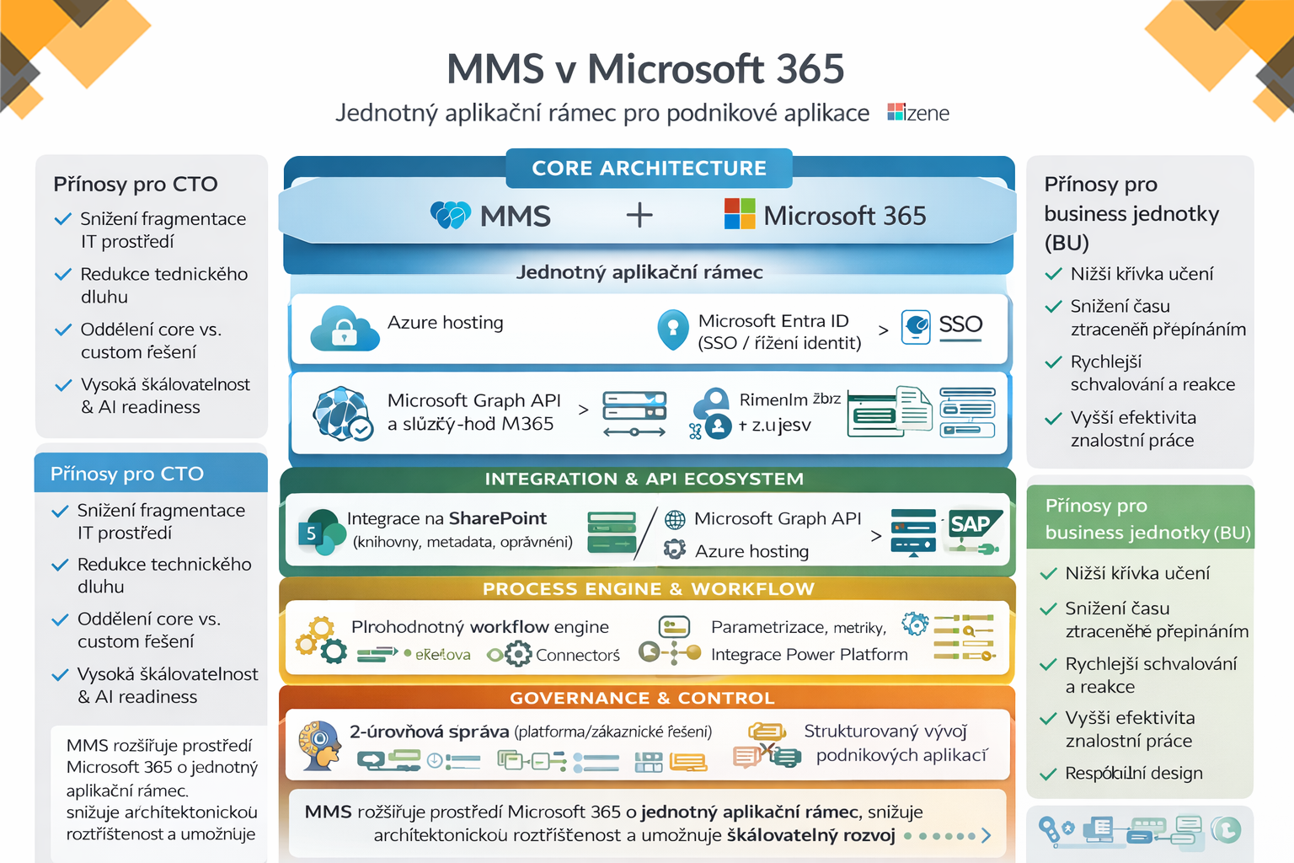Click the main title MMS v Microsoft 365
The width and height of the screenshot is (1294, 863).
[x=645, y=69]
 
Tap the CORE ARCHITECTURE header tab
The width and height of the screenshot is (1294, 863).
[x=649, y=168]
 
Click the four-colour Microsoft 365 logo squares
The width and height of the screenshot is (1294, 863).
[x=740, y=214]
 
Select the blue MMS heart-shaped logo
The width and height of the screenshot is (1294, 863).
[x=450, y=215]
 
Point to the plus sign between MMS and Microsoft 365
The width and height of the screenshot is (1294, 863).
[x=639, y=215]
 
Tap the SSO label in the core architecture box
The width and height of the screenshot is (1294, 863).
[x=960, y=324]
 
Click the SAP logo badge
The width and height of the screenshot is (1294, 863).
[x=971, y=524]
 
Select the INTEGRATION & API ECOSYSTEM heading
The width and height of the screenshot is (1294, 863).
[x=644, y=479]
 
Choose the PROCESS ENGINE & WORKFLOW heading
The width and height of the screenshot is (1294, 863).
[x=648, y=588]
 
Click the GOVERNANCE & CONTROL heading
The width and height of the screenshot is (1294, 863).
[x=642, y=698]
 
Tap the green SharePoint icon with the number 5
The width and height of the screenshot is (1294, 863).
[x=316, y=532]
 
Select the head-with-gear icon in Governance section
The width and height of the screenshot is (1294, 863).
[x=319, y=744]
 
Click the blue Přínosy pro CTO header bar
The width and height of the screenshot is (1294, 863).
[x=151, y=474]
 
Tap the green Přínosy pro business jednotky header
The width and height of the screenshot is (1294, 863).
[x=1140, y=518]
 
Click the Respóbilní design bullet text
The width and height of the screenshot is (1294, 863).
[x=1133, y=773]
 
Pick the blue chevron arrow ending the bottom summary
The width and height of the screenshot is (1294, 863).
[x=986, y=835]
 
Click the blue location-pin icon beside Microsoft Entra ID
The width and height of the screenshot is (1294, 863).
[x=672, y=330]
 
